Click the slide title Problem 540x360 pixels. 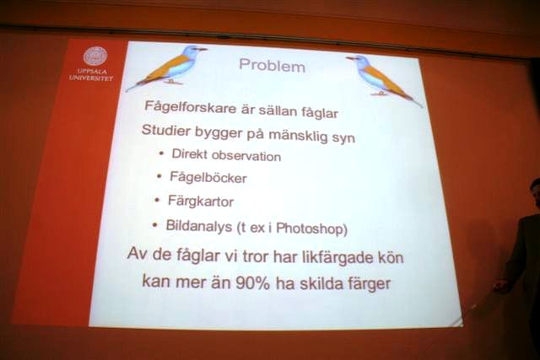pyautogui.click(x=272, y=66)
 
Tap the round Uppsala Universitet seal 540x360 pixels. pyautogui.click(x=95, y=56)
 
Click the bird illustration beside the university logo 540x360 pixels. pyautogui.click(x=167, y=67)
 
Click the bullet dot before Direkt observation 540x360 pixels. pyautogui.click(x=161, y=153)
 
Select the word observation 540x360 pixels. pyautogui.click(x=246, y=156)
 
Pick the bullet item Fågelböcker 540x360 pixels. pyautogui.click(x=208, y=178)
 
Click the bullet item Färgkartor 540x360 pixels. pyautogui.click(x=201, y=201)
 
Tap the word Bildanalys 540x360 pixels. pyautogui.click(x=199, y=226)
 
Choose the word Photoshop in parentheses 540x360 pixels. pyautogui.click(x=310, y=228)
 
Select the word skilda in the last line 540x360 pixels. pyautogui.click(x=319, y=284)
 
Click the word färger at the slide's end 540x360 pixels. pyautogui.click(x=369, y=285)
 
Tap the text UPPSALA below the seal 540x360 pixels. pyautogui.click(x=92, y=72)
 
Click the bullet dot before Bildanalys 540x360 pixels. pyautogui.click(x=155, y=225)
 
